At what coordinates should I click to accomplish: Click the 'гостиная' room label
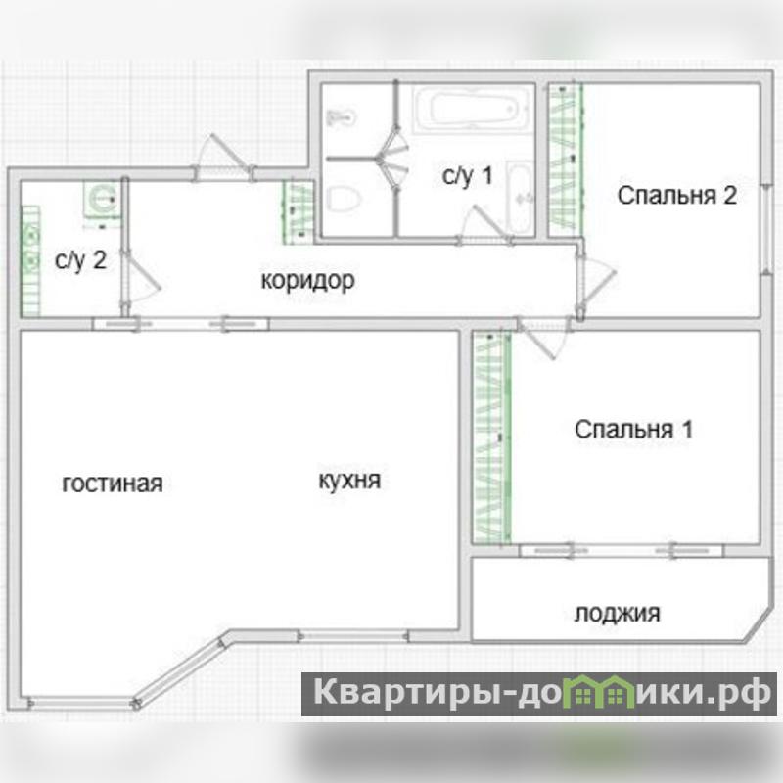(113, 484)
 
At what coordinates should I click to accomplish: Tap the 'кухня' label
(349, 481)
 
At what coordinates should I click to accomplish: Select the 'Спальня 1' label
(633, 429)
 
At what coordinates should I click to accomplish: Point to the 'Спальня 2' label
(676, 195)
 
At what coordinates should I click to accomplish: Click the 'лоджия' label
(617, 613)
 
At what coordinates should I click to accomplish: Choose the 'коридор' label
(307, 281)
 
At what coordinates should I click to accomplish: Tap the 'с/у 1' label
(468, 175)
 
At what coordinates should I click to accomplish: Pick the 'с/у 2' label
(80, 260)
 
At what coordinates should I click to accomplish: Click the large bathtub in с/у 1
(473, 109)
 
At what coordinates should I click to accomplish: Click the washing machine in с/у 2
(103, 199)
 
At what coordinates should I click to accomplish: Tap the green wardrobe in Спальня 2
(566, 160)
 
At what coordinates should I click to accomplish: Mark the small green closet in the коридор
(299, 212)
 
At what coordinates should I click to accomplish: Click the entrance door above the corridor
(224, 157)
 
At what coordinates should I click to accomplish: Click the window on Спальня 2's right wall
(766, 229)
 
